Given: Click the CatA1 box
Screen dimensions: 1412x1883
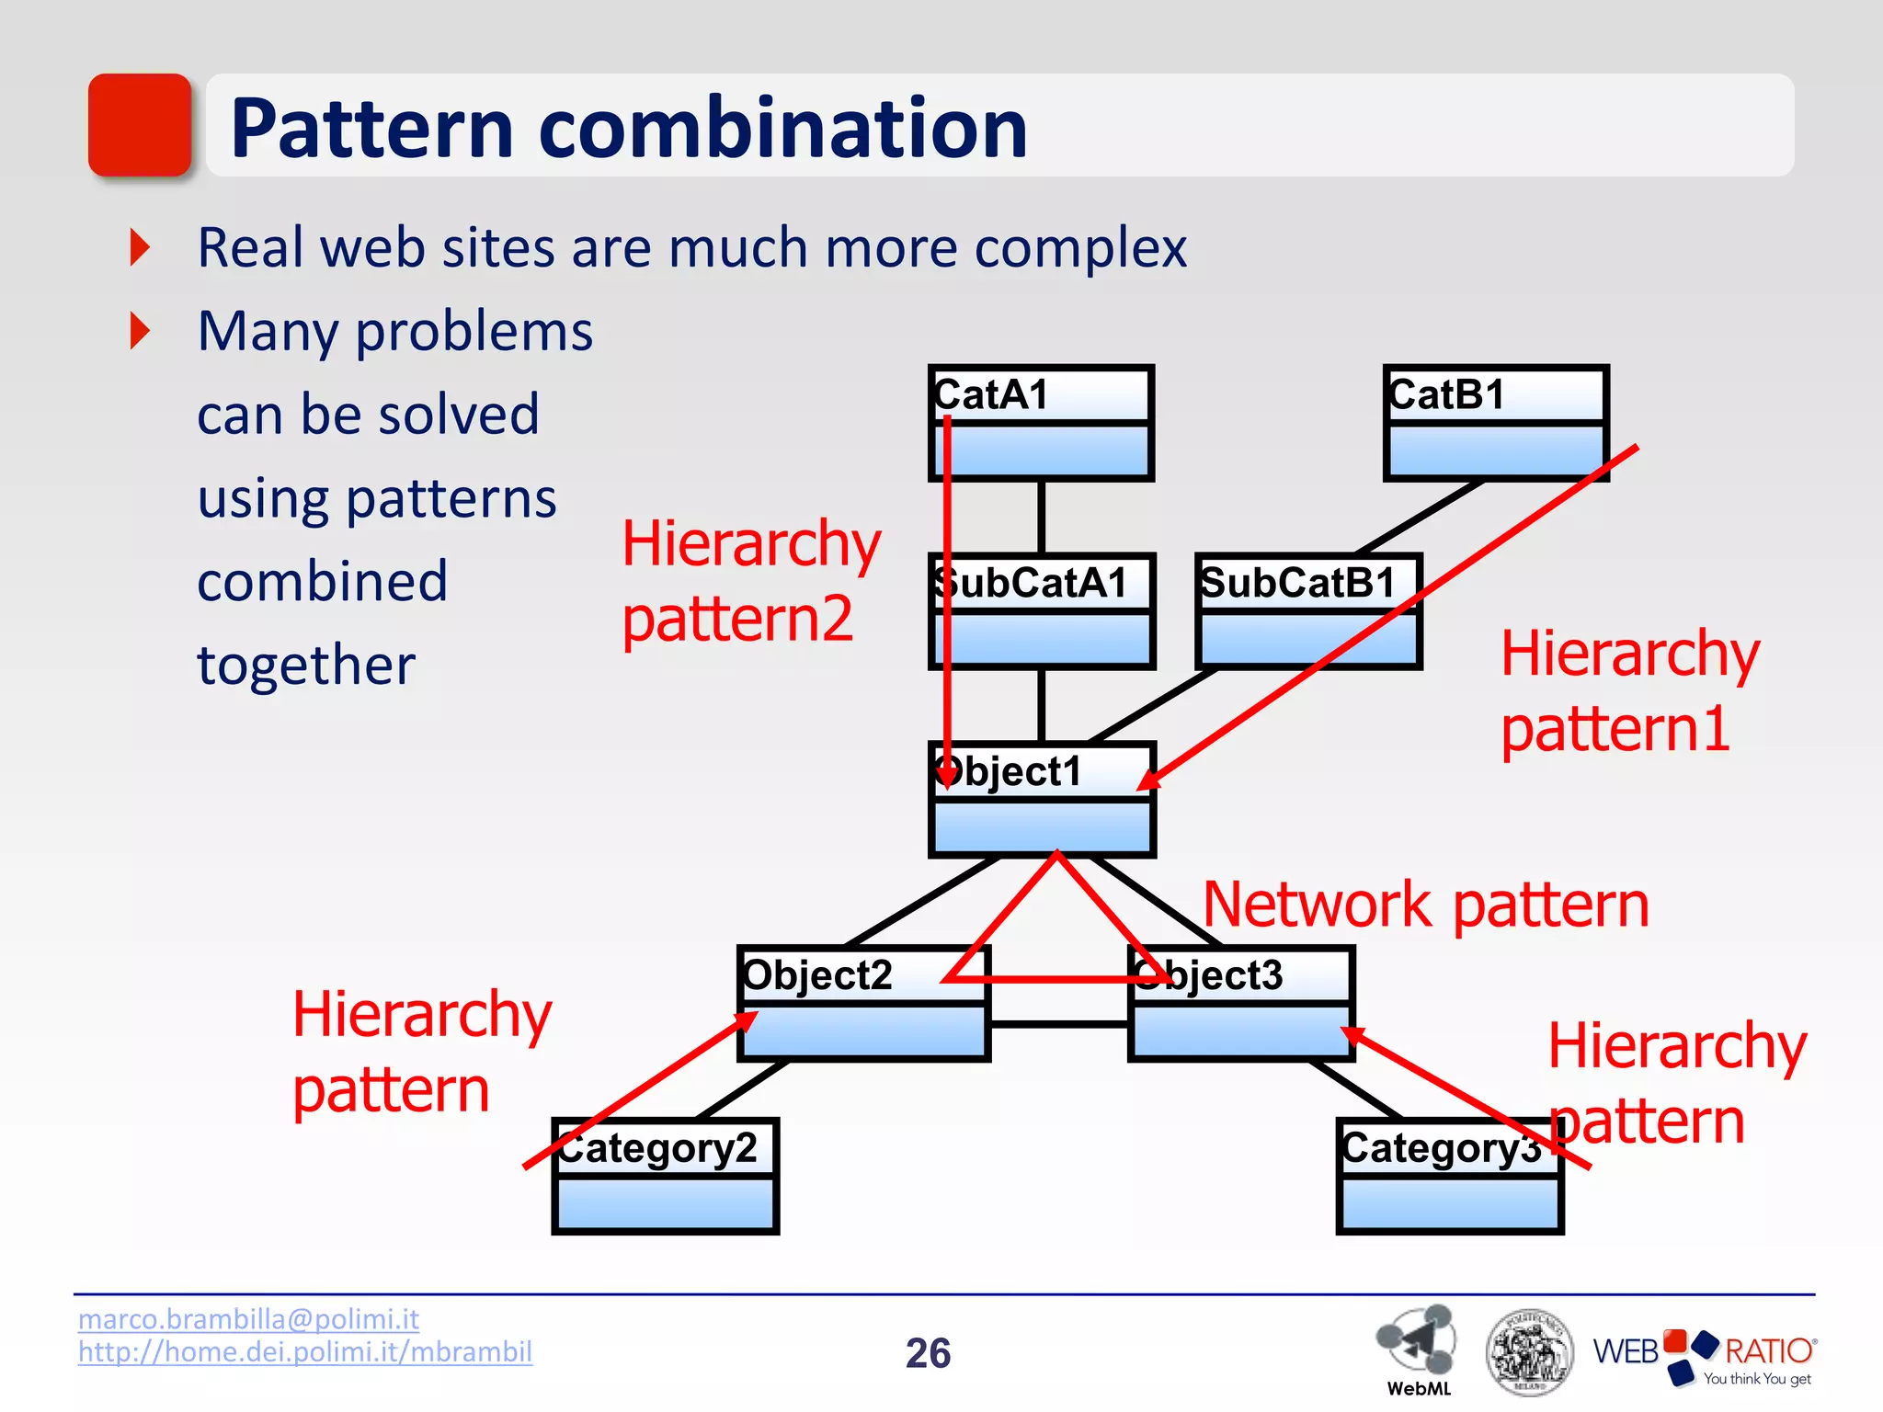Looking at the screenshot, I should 1041,424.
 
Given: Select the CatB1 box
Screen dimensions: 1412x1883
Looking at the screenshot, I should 1496,424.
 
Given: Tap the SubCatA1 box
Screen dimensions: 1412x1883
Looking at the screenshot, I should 1042,611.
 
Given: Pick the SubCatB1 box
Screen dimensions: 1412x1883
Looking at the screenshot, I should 1308,611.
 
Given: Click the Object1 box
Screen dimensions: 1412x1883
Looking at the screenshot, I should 1042,800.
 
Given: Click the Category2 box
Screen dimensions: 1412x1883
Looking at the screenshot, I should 666,1176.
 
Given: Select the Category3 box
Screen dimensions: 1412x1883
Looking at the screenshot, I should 1450,1176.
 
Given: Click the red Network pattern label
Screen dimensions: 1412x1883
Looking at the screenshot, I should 1426,905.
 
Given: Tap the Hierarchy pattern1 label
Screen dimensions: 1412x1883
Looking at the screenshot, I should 1629,690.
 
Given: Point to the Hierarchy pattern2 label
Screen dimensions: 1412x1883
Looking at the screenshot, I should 751,581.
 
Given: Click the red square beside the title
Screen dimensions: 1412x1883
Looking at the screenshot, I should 140,125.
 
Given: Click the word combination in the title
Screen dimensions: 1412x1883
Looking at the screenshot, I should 782,128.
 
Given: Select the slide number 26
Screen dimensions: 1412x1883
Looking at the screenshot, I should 928,1353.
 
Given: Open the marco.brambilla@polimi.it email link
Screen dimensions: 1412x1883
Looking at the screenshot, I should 248,1319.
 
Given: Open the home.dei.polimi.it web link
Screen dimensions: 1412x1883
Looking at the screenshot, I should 304,1352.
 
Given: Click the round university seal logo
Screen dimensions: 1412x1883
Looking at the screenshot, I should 1528,1352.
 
